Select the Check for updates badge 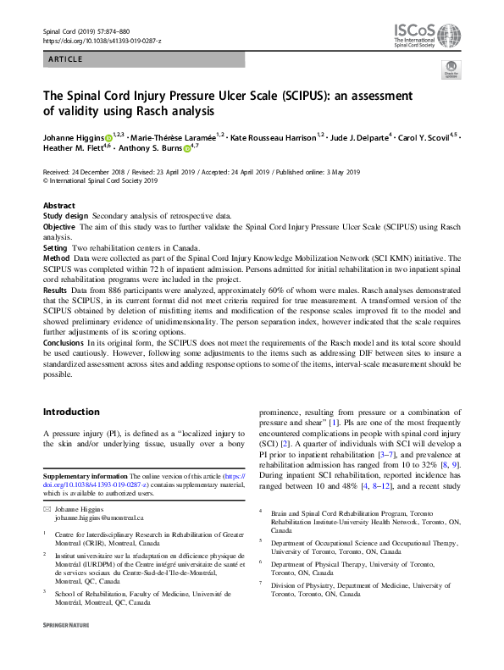pyautogui.click(x=451, y=70)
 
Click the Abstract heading pyautogui.click(x=59, y=206)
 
